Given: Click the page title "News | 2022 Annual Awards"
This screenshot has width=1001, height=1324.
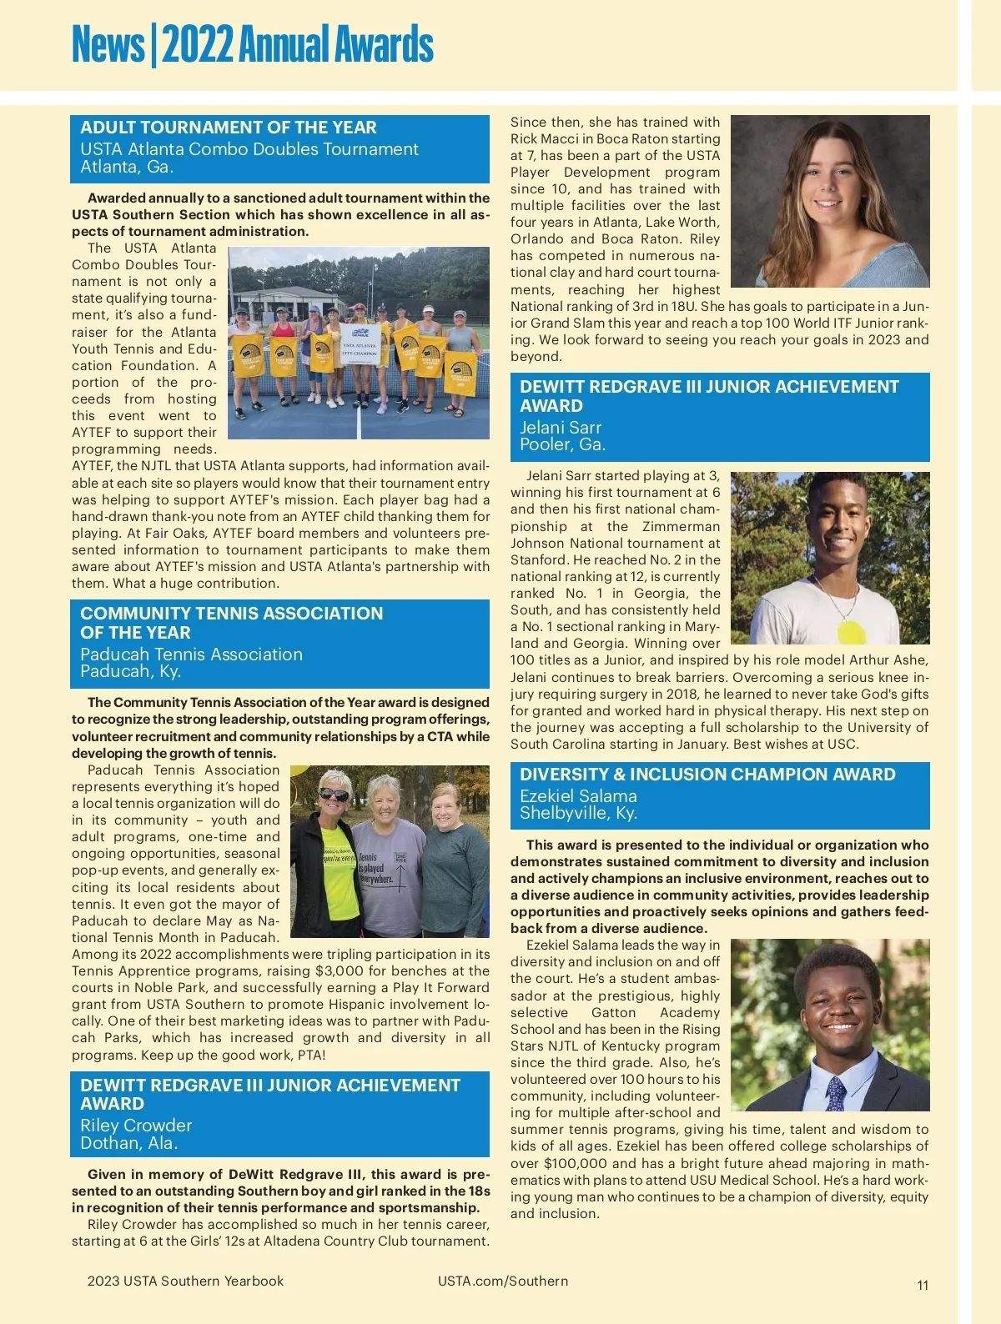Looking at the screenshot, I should [252, 45].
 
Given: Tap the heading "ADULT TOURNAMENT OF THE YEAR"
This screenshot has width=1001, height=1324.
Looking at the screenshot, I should [229, 128].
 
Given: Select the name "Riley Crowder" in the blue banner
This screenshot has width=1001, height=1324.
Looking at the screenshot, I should [136, 1126].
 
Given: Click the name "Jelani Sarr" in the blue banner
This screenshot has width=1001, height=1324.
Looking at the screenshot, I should [561, 428].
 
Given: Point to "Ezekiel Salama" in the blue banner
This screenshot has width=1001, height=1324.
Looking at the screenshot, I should [578, 796].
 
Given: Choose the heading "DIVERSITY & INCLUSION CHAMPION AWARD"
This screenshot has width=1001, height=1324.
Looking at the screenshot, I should [707, 775].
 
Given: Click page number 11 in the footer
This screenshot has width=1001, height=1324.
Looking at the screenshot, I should [923, 1285].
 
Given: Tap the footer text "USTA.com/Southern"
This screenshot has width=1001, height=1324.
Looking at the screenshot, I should [503, 1281].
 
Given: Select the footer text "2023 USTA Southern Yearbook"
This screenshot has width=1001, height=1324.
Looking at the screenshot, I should [185, 1281].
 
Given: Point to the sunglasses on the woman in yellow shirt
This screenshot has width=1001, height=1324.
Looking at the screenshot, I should [334, 794].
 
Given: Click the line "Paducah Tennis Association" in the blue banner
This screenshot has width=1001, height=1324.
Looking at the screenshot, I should [191, 654].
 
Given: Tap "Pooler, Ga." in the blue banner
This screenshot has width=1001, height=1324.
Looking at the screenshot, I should [562, 444].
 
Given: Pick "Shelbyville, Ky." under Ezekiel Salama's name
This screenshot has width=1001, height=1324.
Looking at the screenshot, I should [578, 813].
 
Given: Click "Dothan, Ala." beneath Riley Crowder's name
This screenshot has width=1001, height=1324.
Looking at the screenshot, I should [129, 1143].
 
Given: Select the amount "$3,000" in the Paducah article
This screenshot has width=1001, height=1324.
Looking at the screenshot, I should [340, 970].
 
